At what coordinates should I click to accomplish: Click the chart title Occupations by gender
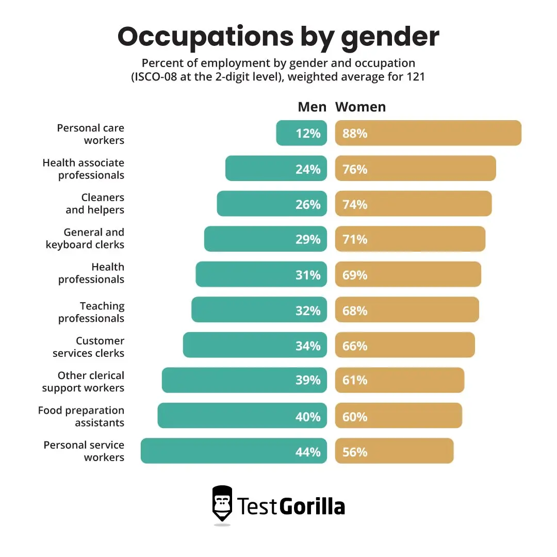(278, 37)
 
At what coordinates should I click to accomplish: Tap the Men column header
(312, 107)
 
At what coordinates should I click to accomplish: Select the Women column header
(361, 107)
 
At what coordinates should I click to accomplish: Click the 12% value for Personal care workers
(308, 134)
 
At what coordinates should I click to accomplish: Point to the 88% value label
(355, 134)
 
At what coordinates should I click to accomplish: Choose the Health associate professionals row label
(84, 169)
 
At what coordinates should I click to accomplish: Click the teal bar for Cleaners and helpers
(258, 204)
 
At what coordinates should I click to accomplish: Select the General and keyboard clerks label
(85, 239)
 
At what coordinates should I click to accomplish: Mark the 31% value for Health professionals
(308, 275)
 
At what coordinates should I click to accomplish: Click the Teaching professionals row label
(92, 312)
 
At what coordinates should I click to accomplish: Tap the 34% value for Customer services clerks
(308, 346)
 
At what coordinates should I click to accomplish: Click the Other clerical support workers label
(84, 382)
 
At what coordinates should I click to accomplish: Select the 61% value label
(355, 381)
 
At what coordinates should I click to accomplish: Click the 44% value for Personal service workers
(308, 452)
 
